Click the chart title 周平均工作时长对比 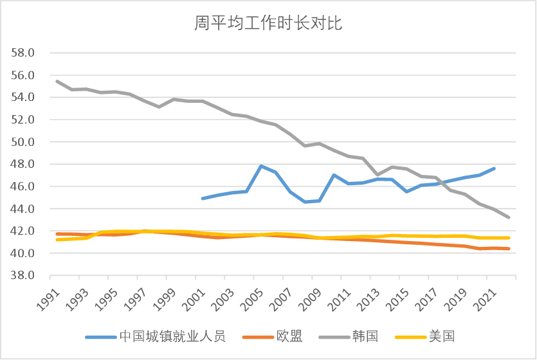click(x=268, y=24)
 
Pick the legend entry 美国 click(x=441, y=336)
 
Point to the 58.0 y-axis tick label click(x=23, y=53)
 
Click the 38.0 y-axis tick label click(x=23, y=276)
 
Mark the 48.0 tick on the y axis click(x=23, y=164)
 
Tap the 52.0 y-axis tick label click(x=23, y=120)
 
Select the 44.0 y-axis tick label click(x=23, y=209)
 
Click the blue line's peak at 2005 click(x=260, y=166)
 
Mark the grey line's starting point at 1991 click(x=57, y=81)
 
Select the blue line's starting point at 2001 click(x=203, y=199)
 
